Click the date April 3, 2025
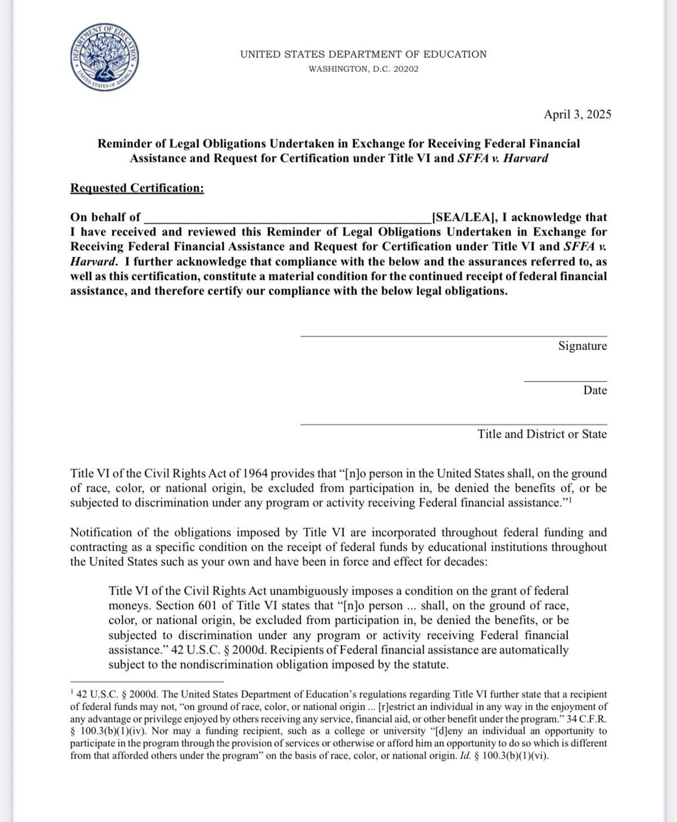[577, 115]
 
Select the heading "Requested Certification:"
[137, 188]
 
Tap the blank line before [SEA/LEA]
[287, 220]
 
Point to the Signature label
[582, 346]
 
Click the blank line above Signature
[453, 336]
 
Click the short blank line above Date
[565, 381]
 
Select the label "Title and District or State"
[542, 434]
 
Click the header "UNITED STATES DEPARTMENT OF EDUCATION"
[364, 55]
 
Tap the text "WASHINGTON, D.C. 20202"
[364, 69]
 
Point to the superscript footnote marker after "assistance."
[570, 499]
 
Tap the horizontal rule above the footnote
[147, 681]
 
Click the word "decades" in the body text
[464, 562]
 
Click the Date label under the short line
[594, 390]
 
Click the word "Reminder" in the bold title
[123, 144]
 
